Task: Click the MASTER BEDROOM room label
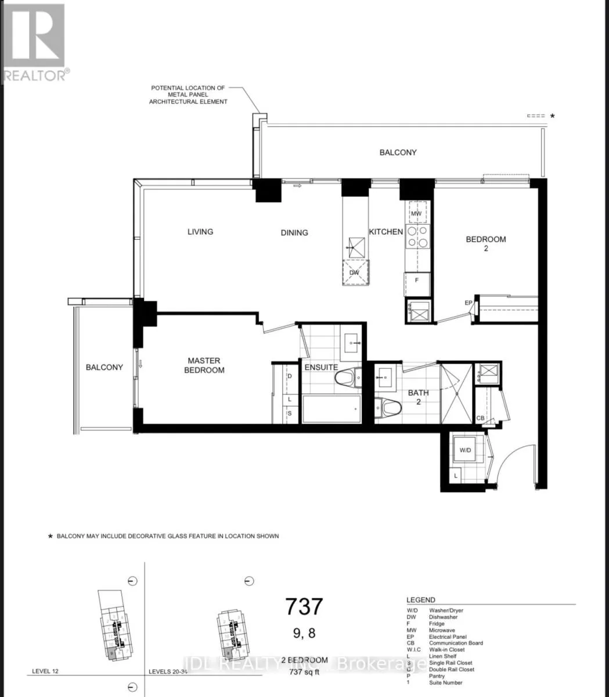pyautogui.click(x=204, y=365)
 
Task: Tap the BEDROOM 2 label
pyautogui.click(x=486, y=243)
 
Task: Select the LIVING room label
pyautogui.click(x=200, y=231)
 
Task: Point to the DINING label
pyautogui.click(x=294, y=232)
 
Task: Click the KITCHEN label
pyautogui.click(x=386, y=232)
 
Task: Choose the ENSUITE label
pyautogui.click(x=321, y=367)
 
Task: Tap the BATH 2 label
pyautogui.click(x=418, y=397)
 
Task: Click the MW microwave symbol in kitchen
pyautogui.click(x=416, y=213)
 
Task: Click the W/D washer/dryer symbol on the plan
pyautogui.click(x=466, y=450)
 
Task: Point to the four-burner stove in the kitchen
pyautogui.click(x=417, y=237)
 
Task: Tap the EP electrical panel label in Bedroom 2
pyautogui.click(x=468, y=303)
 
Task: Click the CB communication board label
pyautogui.click(x=480, y=418)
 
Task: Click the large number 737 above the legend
pyautogui.click(x=304, y=606)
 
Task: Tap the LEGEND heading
pyautogui.click(x=420, y=600)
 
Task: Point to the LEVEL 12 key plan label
pyautogui.click(x=44, y=671)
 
